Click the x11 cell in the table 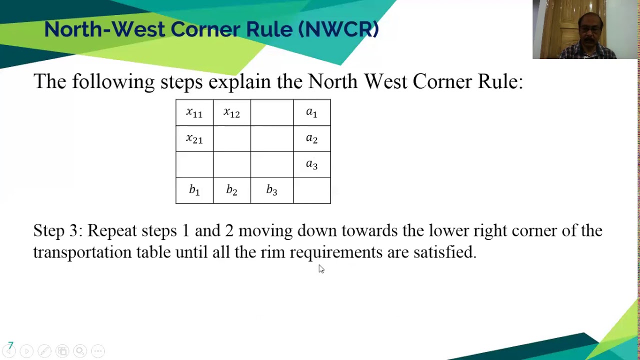(194, 113)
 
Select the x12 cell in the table (231, 113)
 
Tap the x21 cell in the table (194, 138)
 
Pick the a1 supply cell (311, 113)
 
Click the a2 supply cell (311, 138)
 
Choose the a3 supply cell (311, 164)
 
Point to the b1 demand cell (194, 190)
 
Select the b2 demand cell (231, 190)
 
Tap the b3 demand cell (271, 190)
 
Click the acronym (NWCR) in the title (338, 29)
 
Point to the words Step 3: (57, 231)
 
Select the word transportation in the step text (82, 252)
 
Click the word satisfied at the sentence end (444, 252)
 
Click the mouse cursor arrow (320, 268)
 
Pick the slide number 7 (10, 345)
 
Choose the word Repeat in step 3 (112, 231)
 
